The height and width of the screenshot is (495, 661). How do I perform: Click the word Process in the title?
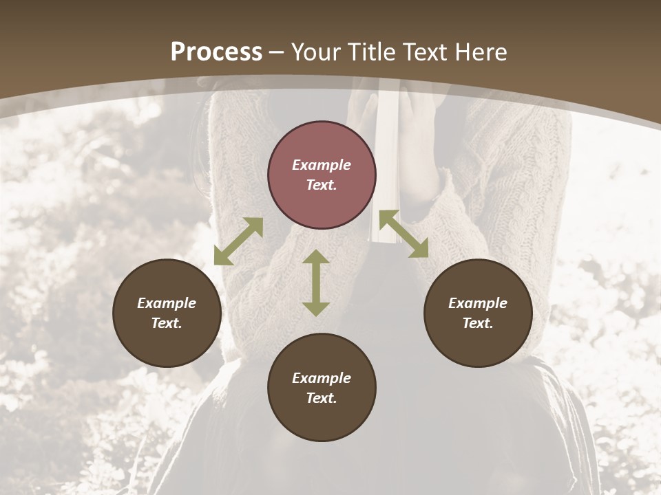point(216,52)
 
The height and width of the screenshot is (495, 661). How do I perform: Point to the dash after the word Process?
point(276,52)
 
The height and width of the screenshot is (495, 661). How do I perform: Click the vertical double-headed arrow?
point(316,283)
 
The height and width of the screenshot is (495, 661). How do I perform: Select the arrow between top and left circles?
point(238,241)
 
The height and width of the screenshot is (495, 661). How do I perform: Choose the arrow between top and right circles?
point(404,234)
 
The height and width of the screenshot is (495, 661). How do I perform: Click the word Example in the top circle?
point(322,165)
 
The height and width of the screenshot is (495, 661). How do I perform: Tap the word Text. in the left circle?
point(167,323)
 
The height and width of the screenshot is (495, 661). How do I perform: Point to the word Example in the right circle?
point(478,303)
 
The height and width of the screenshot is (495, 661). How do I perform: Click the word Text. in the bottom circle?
point(322,398)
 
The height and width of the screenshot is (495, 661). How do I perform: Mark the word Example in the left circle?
point(167,303)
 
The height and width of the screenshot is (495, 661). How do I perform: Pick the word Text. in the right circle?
point(478,323)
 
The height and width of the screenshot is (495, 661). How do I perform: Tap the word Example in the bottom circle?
point(322,378)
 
